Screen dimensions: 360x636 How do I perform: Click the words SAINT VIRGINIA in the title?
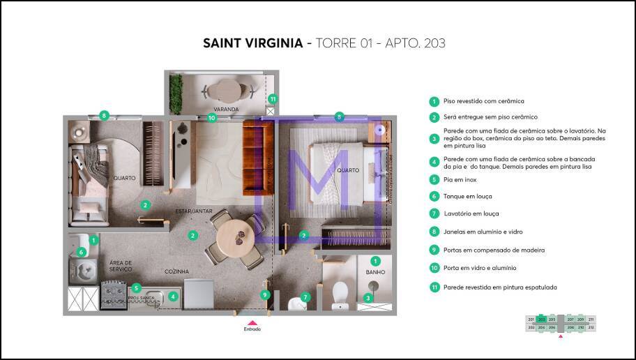pos(253,43)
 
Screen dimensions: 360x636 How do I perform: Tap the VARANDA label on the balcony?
pos(227,110)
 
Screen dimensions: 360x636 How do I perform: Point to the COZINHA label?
pos(177,271)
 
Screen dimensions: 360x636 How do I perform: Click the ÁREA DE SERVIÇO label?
pos(121,266)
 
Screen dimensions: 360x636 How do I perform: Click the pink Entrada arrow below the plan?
pos(252,322)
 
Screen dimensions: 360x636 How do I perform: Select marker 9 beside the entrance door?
pos(265,294)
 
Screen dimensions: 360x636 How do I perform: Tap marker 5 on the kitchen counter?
pos(137,287)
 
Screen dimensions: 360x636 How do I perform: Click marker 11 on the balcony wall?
pos(273,99)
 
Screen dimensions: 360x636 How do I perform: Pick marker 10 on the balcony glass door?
pos(212,118)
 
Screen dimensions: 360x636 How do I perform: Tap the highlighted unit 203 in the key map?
pos(541,319)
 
